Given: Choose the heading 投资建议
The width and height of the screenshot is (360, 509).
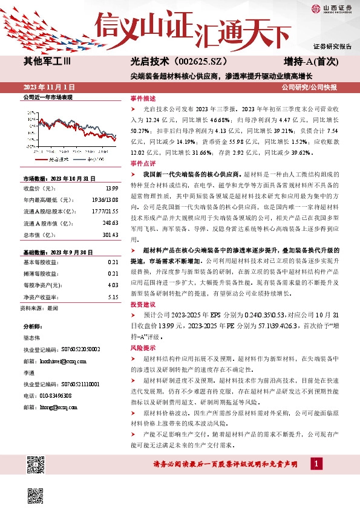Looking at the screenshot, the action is pos(143,305).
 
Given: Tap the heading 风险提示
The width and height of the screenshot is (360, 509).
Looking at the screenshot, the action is pos(143,348).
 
